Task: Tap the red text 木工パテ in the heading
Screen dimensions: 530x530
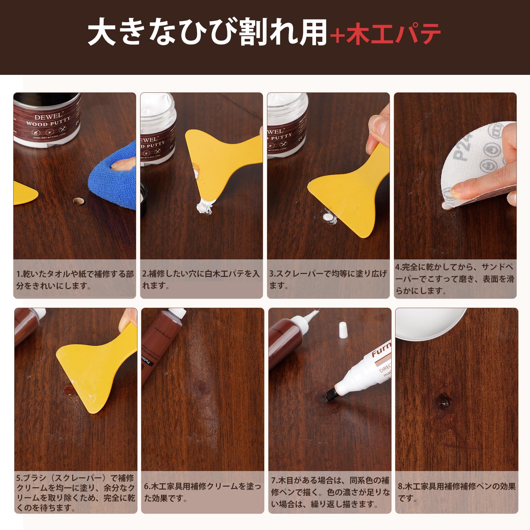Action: [394, 34]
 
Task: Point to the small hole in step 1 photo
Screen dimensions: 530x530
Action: [78, 201]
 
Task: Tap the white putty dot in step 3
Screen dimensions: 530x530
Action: [328, 217]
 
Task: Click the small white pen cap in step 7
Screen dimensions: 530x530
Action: [343, 329]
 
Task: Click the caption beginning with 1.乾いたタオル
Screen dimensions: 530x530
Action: [75, 280]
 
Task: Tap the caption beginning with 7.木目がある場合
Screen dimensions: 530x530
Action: [330, 492]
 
